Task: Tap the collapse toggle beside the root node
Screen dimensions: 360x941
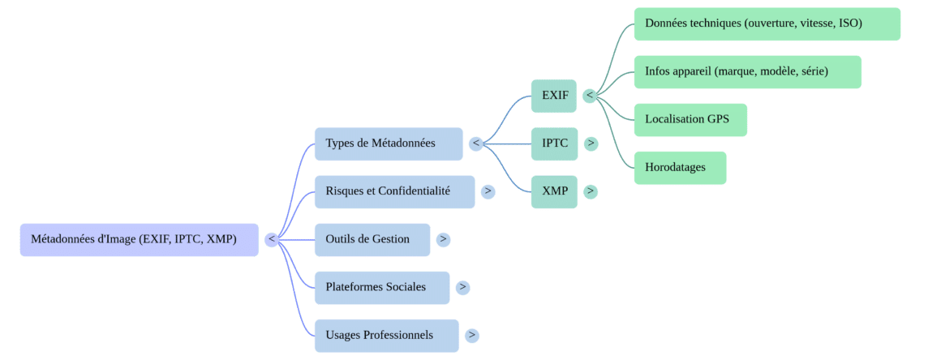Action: (272, 240)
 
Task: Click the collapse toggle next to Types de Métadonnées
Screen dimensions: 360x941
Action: (476, 144)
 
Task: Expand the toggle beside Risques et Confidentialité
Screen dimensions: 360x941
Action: (488, 191)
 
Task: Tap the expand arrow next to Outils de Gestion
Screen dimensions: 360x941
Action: (443, 240)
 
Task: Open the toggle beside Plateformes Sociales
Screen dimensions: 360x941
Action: (462, 287)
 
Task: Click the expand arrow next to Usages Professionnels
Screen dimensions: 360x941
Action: (472, 335)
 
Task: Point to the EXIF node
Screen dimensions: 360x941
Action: (555, 96)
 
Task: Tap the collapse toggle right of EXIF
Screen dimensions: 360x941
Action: (590, 96)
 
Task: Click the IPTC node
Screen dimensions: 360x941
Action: (555, 144)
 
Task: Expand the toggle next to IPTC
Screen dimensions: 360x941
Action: (591, 144)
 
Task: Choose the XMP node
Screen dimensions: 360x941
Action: (555, 191)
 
